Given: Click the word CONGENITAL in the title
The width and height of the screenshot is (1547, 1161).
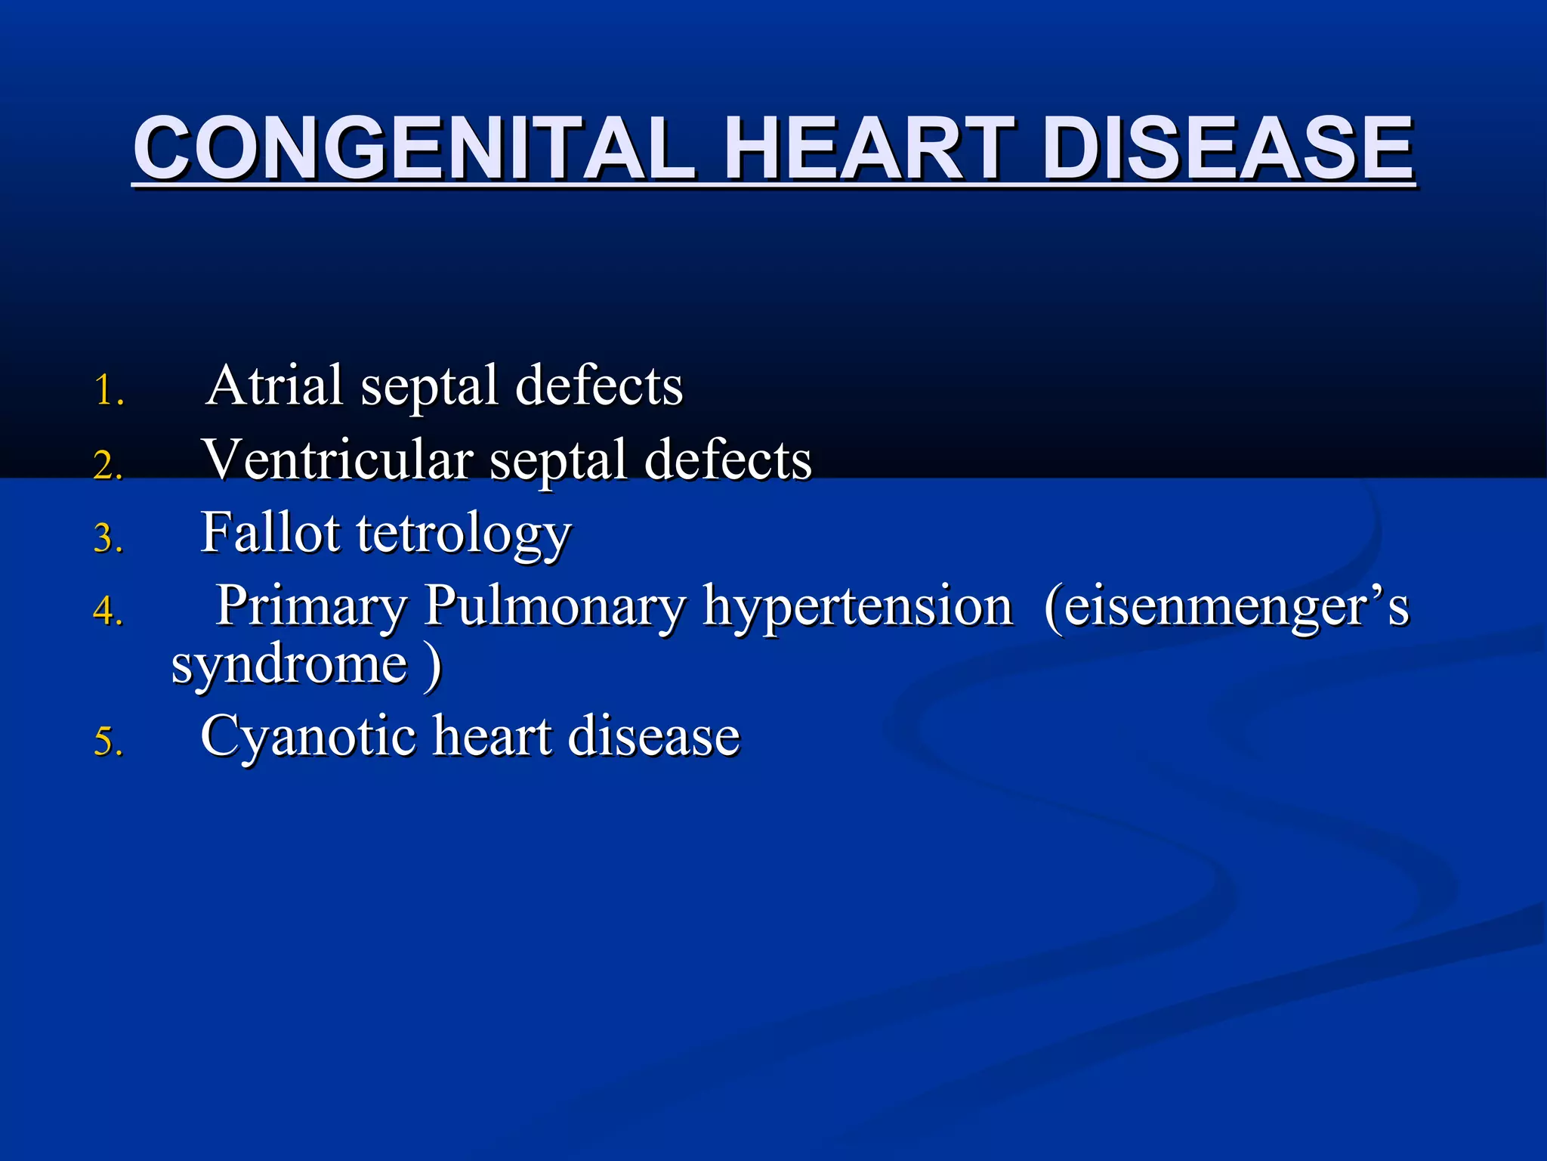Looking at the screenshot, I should (x=414, y=149).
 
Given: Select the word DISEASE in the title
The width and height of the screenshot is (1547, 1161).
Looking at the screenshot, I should (x=1230, y=149).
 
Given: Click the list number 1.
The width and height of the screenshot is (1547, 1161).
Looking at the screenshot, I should (x=109, y=392).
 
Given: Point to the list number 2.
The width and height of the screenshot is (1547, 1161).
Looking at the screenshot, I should (x=108, y=465).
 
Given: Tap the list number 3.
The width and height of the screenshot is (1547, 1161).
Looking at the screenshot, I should (x=108, y=538).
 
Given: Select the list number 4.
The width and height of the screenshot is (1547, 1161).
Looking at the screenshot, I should (x=108, y=611).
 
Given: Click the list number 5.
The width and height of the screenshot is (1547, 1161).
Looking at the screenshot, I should (x=108, y=741).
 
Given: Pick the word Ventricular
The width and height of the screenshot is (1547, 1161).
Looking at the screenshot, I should (x=338, y=460).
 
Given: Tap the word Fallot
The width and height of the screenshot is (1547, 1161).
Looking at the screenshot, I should (x=270, y=533).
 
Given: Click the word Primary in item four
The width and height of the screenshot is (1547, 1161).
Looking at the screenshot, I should (x=311, y=607).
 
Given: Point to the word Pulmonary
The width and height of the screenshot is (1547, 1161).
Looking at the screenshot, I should (x=554, y=607).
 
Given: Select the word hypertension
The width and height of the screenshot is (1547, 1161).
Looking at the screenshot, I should (x=858, y=607).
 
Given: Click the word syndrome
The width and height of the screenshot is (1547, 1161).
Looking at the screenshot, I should (x=290, y=665).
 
